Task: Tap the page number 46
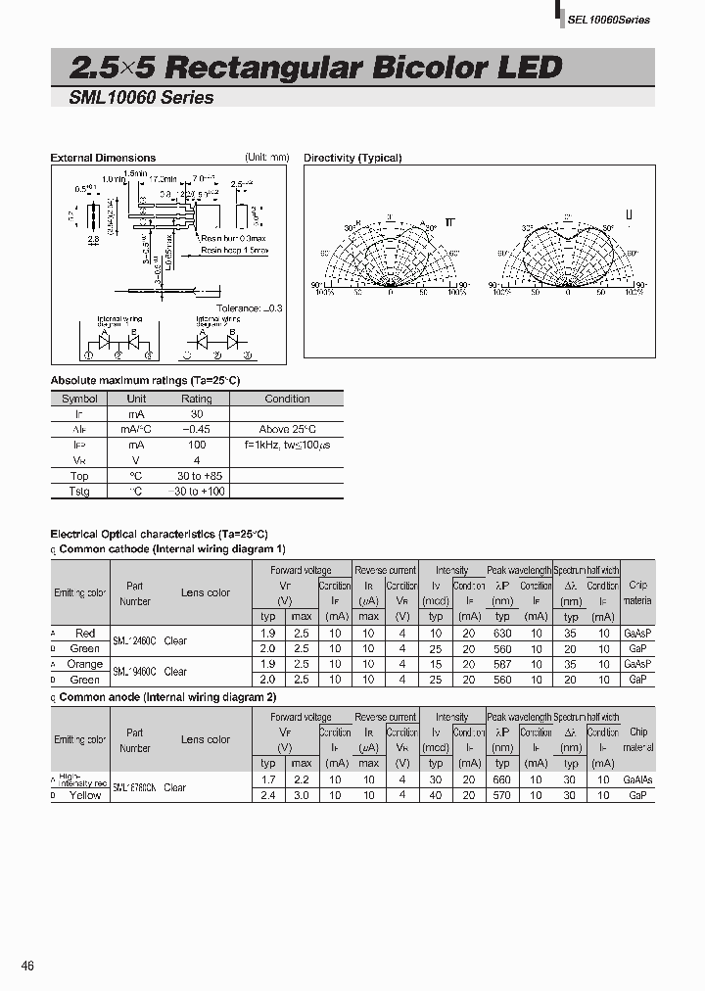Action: tap(28, 966)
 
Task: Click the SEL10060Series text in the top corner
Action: tap(609, 20)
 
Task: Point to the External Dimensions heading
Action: tap(103, 158)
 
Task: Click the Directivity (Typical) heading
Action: tap(352, 158)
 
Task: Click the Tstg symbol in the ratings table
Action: tap(79, 491)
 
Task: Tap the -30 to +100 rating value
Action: tap(196, 491)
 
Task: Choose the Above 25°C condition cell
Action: tap(287, 430)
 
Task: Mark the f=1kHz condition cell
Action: tap(286, 445)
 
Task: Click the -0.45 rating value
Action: tap(196, 430)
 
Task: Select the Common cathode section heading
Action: tap(171, 549)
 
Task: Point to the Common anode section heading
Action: tap(167, 697)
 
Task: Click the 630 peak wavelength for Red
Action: tap(502, 634)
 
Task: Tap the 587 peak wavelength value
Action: tap(502, 664)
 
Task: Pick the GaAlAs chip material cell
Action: tap(637, 779)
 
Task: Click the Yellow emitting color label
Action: tap(85, 795)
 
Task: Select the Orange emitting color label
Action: tap(85, 664)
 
